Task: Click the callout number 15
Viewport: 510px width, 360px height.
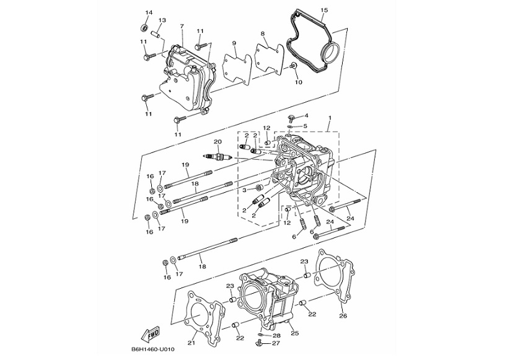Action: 323,10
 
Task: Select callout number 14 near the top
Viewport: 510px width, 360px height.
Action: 149,12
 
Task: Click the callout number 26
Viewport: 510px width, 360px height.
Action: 343,315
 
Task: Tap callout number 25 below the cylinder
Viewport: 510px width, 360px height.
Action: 295,333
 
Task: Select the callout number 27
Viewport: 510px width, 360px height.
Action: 276,343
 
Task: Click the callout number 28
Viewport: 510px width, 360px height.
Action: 276,335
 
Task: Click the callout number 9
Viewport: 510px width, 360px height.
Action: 234,43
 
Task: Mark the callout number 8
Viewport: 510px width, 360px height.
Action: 263,33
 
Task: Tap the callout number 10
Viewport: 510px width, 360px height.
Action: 297,82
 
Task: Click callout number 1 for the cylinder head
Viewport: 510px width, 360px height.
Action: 329,118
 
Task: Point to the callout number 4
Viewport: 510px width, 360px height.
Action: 306,116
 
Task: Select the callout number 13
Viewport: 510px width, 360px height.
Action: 162,20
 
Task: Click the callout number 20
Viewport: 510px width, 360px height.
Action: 218,141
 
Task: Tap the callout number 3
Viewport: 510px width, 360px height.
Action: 244,189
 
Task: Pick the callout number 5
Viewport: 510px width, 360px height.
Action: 306,126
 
